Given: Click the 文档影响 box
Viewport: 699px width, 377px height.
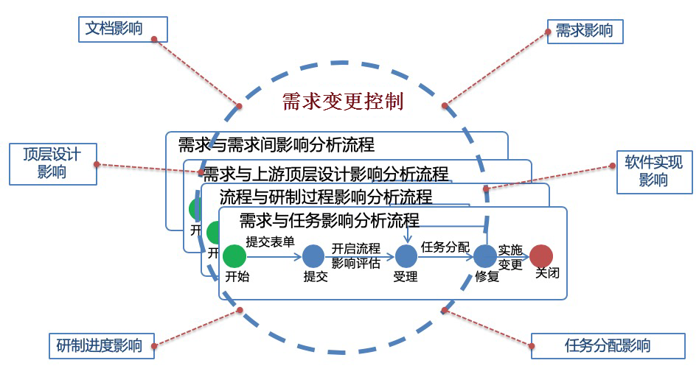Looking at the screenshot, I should point(123,29).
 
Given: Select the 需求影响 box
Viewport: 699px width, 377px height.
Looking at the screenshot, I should point(585,32).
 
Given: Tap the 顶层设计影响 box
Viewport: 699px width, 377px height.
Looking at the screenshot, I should point(52,163).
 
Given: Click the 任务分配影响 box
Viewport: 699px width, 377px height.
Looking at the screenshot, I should point(608,345).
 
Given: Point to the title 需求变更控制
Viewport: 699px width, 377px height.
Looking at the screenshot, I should point(343,102).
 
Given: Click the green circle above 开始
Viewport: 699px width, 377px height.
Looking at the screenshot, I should point(234,256).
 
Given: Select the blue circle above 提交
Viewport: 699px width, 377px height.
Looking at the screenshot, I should point(313,256).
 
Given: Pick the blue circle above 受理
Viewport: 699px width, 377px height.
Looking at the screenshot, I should point(406,256).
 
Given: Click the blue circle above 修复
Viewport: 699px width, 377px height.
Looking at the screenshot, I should point(484,256).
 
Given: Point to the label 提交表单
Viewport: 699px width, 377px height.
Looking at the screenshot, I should point(271,242).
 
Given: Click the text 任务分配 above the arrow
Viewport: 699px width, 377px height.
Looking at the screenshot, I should point(445,247).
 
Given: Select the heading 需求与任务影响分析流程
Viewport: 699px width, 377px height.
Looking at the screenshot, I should point(329,219).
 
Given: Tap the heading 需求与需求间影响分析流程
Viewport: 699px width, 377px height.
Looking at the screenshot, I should point(276,144).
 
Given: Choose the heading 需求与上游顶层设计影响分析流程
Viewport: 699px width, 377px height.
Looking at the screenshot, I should point(325,175).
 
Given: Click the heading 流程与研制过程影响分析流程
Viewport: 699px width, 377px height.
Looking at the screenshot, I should point(325,197).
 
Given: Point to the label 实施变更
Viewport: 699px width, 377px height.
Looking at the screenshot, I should point(510,258).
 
